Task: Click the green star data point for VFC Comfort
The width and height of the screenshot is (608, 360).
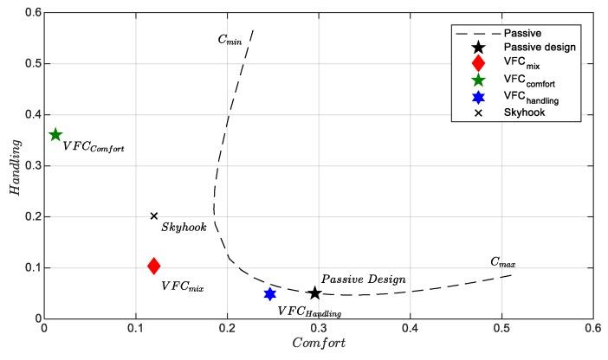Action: point(55,134)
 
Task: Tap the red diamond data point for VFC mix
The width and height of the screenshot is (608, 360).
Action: point(153,266)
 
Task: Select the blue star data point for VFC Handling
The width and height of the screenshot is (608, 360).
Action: point(269,294)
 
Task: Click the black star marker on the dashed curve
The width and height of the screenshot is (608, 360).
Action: point(314,293)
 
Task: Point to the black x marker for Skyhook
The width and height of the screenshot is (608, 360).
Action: point(154,216)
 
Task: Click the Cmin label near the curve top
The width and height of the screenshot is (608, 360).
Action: point(230,39)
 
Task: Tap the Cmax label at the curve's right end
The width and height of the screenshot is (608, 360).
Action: point(502,261)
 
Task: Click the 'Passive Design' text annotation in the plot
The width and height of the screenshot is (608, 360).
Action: point(364,280)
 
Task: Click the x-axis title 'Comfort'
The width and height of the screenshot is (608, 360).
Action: point(317,345)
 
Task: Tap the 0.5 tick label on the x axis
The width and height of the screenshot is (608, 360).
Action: point(501,330)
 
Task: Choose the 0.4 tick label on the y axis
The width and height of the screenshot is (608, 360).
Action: point(32,115)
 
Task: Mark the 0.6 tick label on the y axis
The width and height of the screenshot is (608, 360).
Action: point(32,13)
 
